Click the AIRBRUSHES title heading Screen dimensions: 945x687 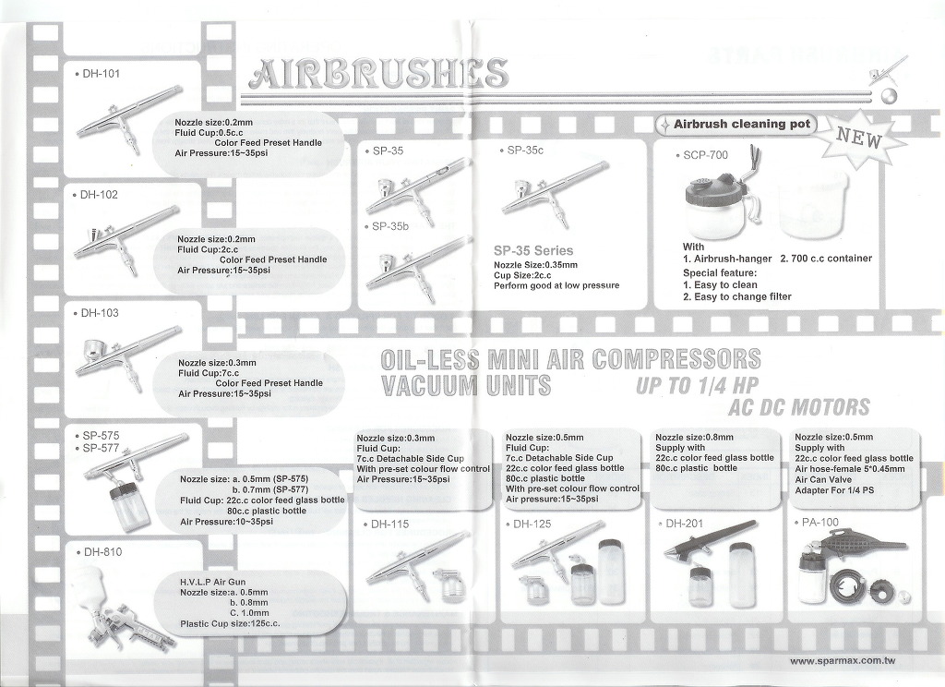coord(378,74)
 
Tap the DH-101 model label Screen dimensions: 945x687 coord(102,74)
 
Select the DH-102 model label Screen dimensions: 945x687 coord(99,195)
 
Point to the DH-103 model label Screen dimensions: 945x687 coord(100,313)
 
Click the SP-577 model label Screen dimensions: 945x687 coord(101,448)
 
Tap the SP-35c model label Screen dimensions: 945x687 coord(525,151)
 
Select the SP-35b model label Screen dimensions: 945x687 coord(390,227)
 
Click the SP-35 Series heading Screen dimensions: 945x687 coord(533,250)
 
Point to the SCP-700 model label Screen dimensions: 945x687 coord(705,156)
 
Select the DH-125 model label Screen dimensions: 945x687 coord(532,524)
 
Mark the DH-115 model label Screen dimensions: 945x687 coord(389,524)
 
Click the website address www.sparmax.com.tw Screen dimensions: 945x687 coord(843,661)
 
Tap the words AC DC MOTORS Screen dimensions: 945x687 coord(799,408)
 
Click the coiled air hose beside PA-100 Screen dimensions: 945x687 coord(850,587)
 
